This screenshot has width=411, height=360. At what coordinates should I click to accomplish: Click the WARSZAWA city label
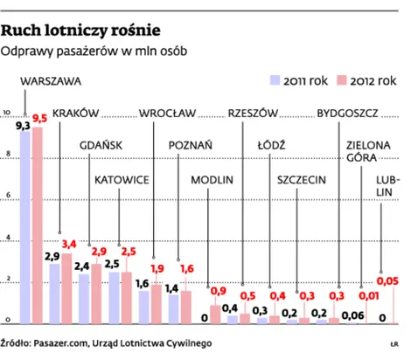click(49, 80)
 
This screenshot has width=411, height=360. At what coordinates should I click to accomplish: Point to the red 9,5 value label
click(39, 118)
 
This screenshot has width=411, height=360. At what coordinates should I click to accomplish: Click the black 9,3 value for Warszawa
click(24, 126)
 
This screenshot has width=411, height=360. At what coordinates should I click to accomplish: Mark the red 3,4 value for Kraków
click(69, 243)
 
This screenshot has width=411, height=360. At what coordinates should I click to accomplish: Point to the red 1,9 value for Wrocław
click(157, 269)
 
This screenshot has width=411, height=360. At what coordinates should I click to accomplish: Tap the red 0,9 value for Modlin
click(218, 291)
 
